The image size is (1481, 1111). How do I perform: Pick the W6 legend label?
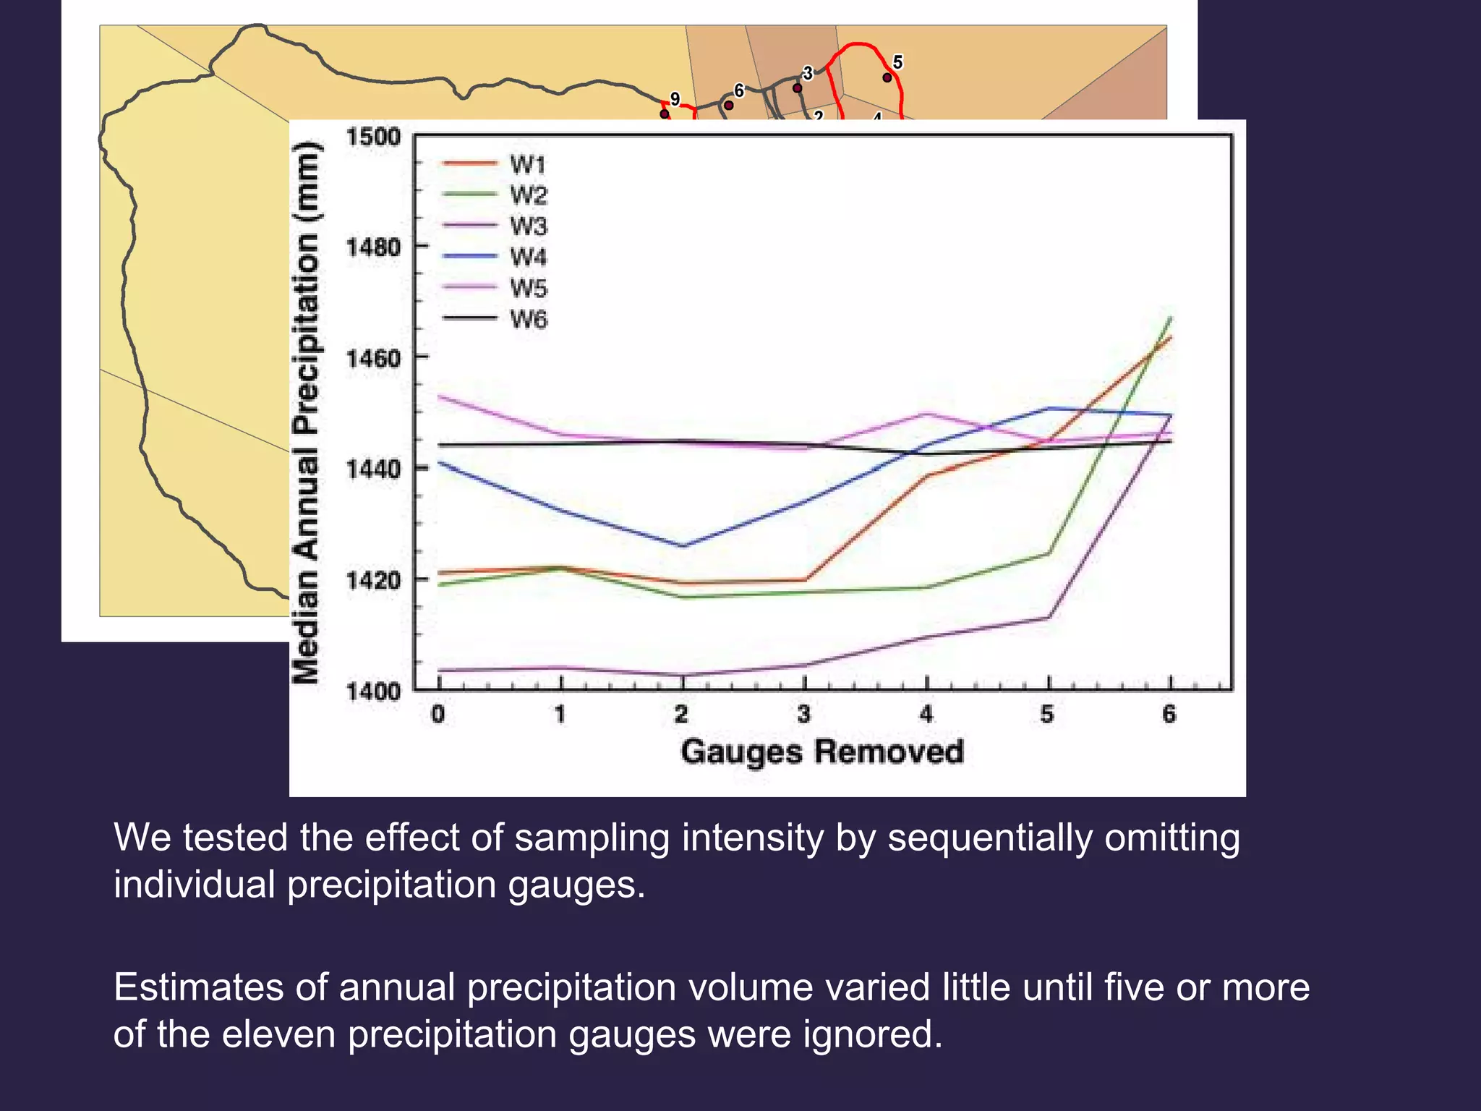[529, 319]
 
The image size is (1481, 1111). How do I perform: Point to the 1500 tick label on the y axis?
[373, 136]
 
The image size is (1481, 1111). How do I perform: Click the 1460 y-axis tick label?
[373, 358]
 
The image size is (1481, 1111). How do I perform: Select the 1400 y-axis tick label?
[373, 691]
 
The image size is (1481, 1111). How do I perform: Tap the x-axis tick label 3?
[804, 715]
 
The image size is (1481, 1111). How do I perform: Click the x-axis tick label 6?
[1169, 715]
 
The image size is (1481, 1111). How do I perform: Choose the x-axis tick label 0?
[438, 715]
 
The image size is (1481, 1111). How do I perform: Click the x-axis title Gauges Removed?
[822, 752]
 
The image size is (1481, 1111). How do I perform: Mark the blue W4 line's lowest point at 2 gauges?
[683, 545]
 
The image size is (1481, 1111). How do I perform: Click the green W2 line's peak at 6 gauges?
[1170, 318]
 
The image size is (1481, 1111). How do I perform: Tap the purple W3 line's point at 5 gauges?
[1049, 617]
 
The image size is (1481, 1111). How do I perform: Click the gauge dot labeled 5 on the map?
[887, 77]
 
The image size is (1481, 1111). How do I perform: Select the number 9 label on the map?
[675, 98]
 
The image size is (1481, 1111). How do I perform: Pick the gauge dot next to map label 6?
[729, 106]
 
